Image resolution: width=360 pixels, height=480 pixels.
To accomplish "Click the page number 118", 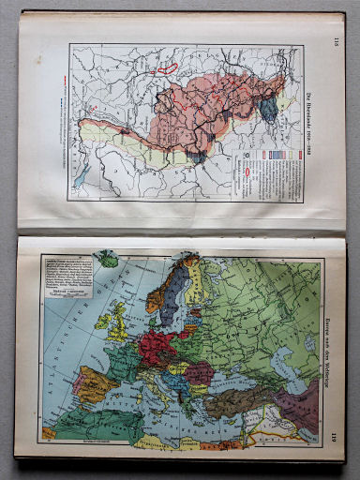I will [335, 38].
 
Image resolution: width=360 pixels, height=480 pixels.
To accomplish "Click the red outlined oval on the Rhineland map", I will [169, 67].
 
